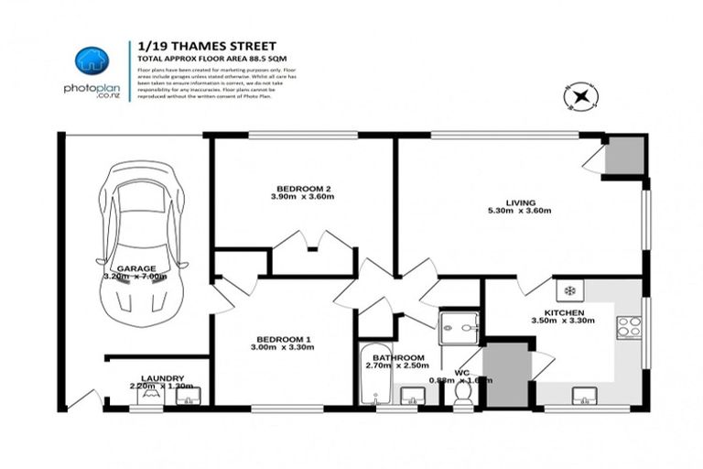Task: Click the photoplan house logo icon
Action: click(x=92, y=60)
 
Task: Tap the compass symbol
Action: click(x=579, y=95)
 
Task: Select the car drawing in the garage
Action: click(x=142, y=243)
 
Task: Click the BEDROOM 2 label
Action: click(x=300, y=189)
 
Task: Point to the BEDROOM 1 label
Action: click(x=284, y=340)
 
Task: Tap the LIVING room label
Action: click(x=519, y=202)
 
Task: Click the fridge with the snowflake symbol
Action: click(x=569, y=290)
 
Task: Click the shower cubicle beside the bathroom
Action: click(x=458, y=328)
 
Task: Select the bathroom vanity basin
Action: click(x=414, y=395)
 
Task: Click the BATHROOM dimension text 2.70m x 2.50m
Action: click(x=397, y=366)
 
